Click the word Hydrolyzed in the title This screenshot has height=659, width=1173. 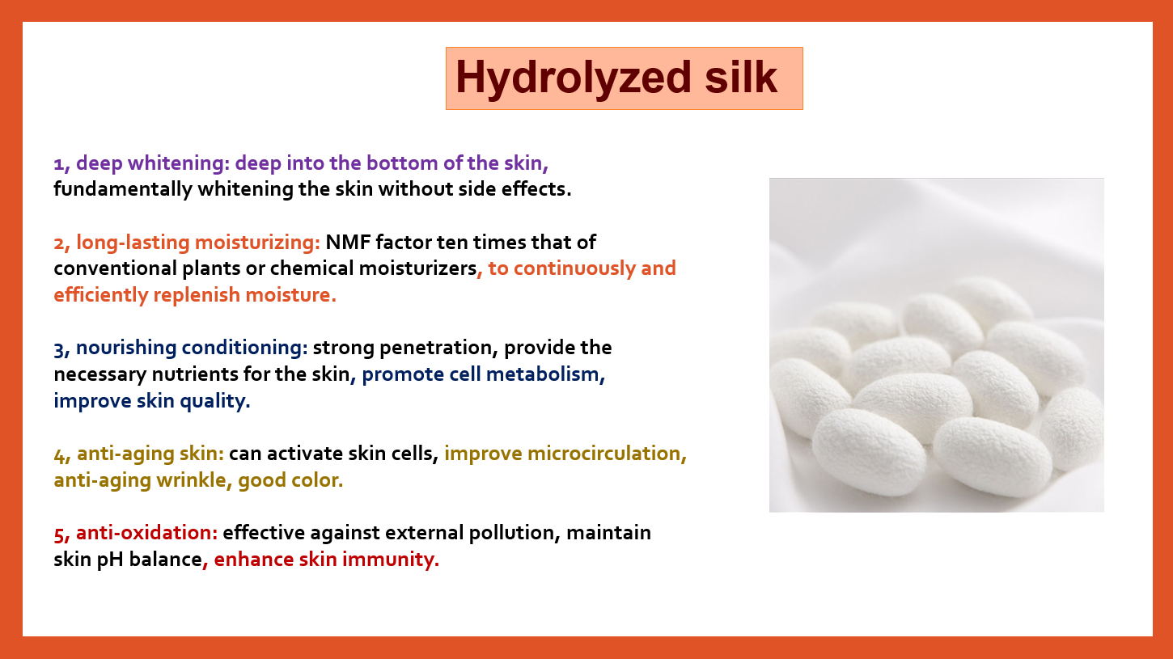click(x=574, y=78)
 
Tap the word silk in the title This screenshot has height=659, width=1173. click(x=741, y=77)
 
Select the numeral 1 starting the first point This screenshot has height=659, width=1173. click(x=59, y=164)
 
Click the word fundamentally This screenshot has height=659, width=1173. click(x=123, y=189)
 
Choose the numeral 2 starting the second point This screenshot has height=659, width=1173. click(x=60, y=243)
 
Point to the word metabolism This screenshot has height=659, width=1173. click(x=542, y=374)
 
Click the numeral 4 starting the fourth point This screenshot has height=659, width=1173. click(x=60, y=454)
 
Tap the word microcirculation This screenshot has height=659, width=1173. click(x=603, y=454)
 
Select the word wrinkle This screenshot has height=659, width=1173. click(x=191, y=480)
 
